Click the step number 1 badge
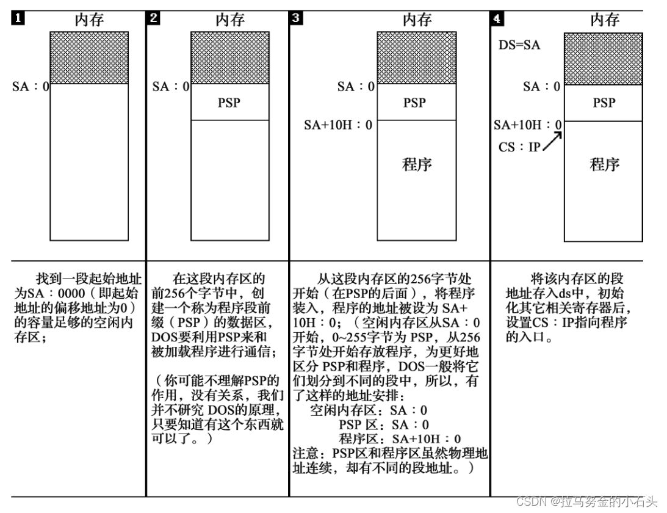pos(19,18)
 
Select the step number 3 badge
pos(296,18)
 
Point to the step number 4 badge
pos(497,18)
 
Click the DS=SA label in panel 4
pos(519,45)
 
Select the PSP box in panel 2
pos(229,103)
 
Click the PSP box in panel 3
pos(415,103)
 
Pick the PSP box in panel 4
pos(604,103)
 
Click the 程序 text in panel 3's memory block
pos(417,164)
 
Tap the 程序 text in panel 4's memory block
pos(605,164)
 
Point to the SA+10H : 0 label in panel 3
pos(338,125)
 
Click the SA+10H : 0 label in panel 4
pos(527,125)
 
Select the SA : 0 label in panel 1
pos(31,87)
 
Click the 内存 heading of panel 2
pos(229,20)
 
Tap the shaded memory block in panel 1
pos(89,57)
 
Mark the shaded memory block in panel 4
pos(603,58)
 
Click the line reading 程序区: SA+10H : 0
pos(400,438)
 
